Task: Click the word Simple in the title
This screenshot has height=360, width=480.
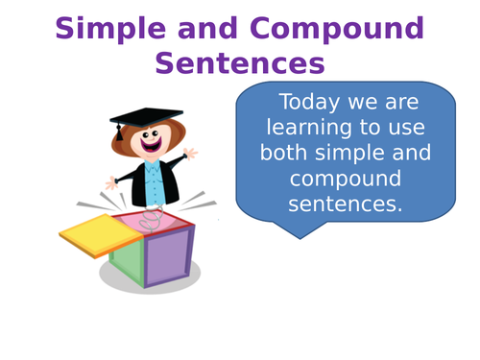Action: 108,29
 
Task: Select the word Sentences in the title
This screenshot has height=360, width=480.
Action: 239,63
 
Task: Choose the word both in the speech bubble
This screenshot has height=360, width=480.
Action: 287,154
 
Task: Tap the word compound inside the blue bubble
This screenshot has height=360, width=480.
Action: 345,179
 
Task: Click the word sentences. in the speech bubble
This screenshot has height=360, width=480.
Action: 345,204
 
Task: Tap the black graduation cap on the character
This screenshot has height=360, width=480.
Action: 145,117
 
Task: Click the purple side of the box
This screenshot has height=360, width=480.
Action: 167,253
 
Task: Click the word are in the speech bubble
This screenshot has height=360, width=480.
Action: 404,103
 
